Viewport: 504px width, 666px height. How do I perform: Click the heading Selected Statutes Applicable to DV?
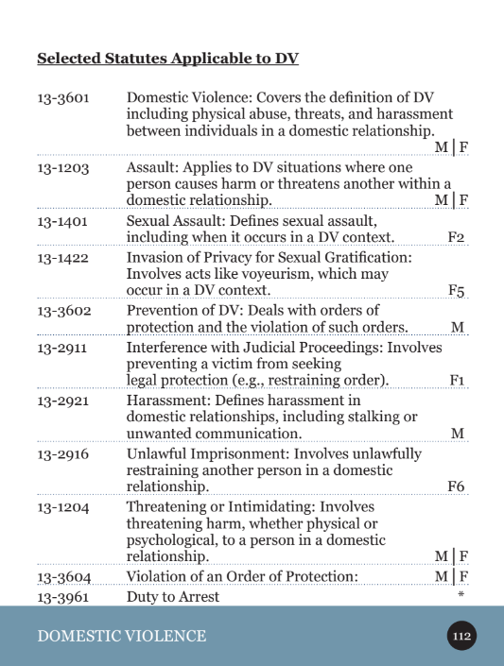167,60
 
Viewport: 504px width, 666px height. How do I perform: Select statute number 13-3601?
62,98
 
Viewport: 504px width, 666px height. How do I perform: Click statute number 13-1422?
62,257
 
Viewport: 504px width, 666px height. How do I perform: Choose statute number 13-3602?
62,310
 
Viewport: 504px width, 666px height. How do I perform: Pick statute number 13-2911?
62,348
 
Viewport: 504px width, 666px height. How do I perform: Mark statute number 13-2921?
62,401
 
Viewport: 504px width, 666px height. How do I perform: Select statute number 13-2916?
62,453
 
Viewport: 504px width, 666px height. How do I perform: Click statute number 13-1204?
62,507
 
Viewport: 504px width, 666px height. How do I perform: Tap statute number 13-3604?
62,576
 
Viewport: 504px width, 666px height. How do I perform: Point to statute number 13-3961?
62,596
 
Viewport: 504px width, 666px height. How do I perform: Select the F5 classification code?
457,291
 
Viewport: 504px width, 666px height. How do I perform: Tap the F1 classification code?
458,381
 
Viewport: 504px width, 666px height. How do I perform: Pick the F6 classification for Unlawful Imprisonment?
457,487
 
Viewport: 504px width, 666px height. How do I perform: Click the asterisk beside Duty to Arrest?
461,595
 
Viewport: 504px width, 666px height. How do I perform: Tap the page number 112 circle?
461,636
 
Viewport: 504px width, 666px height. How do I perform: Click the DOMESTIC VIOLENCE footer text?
121,636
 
